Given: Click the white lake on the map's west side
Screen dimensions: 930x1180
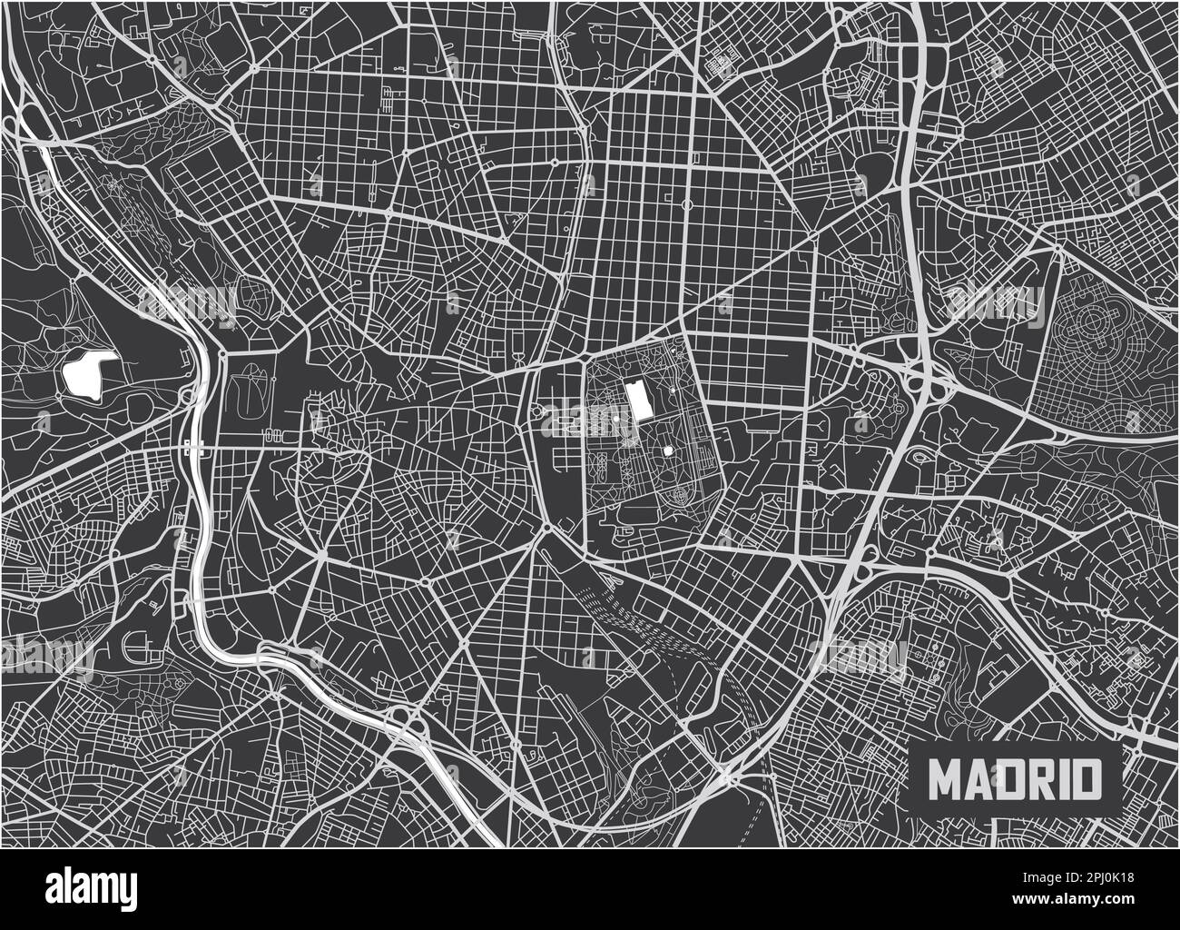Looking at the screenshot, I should (89, 371).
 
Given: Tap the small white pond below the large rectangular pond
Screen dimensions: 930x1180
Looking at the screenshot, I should (668, 450).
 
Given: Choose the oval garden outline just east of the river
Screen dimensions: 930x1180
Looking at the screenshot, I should (243, 392).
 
